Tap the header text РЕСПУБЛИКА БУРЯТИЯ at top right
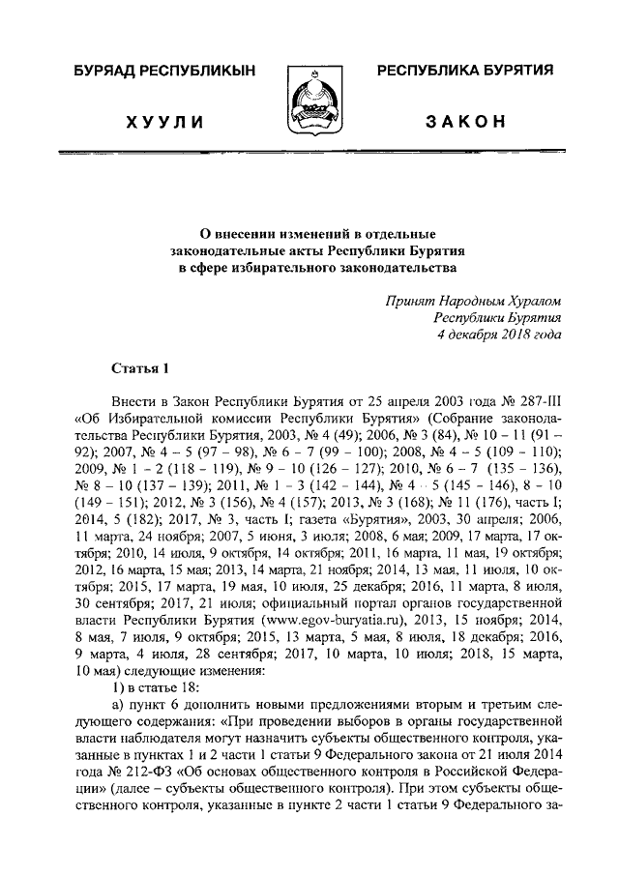tap(464, 71)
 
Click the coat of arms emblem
tap(309, 102)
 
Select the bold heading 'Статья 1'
tap(141, 367)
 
